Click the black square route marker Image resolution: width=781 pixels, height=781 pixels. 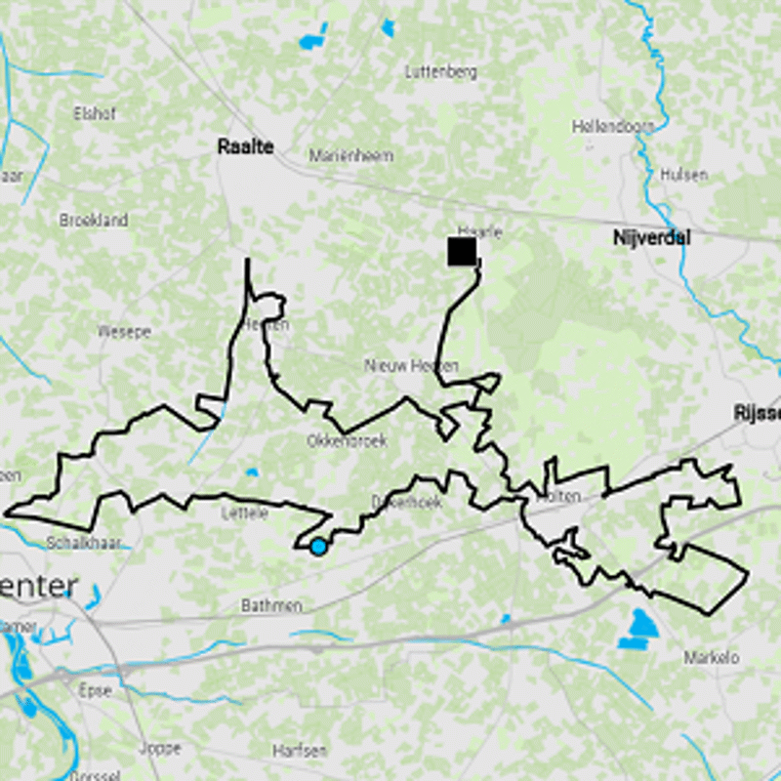(x=462, y=251)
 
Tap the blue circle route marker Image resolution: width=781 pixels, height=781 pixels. (x=318, y=547)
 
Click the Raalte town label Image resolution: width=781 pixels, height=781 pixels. (x=245, y=147)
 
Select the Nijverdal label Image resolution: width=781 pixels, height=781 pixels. (x=652, y=237)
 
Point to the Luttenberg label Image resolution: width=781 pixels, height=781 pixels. (x=440, y=71)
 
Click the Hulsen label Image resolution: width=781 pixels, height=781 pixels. (x=683, y=175)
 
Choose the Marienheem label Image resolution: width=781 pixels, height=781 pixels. (x=350, y=155)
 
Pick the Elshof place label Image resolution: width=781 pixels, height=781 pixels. (x=95, y=113)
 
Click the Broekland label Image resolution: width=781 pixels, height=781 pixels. (x=94, y=221)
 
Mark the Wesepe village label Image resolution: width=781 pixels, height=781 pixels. (x=124, y=332)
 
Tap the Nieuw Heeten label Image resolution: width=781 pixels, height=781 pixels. (x=411, y=365)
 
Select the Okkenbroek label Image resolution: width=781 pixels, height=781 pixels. (x=347, y=441)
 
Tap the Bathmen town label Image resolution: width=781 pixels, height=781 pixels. (x=271, y=606)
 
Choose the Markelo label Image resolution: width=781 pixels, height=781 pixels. (x=712, y=657)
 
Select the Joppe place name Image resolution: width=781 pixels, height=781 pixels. (x=160, y=749)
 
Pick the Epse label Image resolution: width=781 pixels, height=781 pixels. (x=95, y=688)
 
